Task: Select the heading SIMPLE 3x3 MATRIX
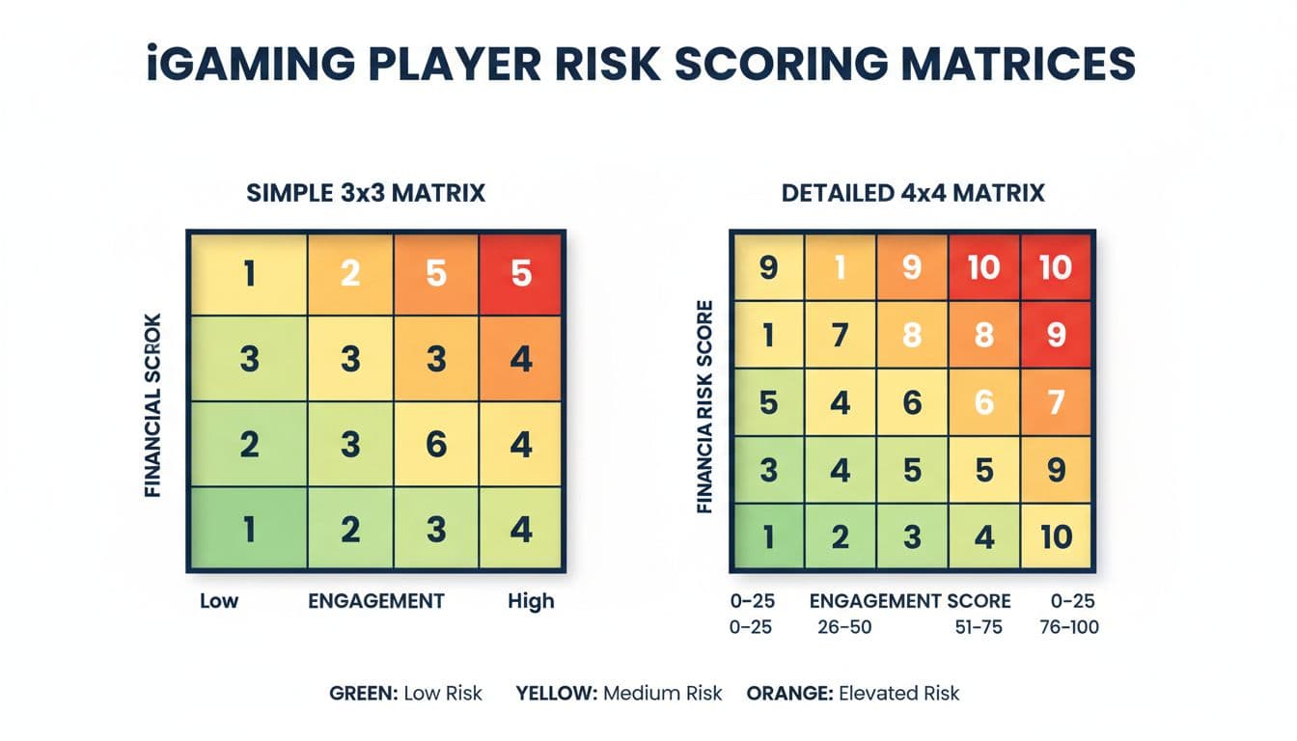(x=366, y=194)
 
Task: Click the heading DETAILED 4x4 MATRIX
(x=914, y=194)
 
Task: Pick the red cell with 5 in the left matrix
(x=521, y=274)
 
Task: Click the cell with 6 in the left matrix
(x=435, y=445)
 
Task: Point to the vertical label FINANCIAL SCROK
(x=152, y=404)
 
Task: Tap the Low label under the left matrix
(x=219, y=601)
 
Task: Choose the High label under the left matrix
(x=531, y=601)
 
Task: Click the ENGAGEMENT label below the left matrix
(x=376, y=601)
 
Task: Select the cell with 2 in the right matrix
(x=841, y=536)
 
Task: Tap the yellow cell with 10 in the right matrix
(x=1055, y=536)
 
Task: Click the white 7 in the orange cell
(x=1055, y=400)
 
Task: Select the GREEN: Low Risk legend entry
(x=405, y=693)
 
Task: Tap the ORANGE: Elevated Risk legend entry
(x=853, y=693)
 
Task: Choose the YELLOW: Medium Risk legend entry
(x=619, y=693)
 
